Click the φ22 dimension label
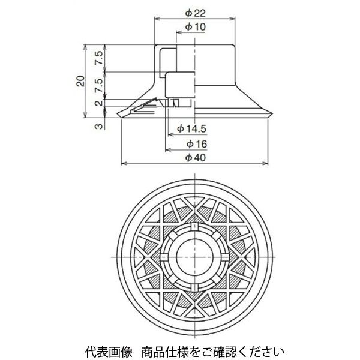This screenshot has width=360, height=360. pyautogui.click(x=196, y=13)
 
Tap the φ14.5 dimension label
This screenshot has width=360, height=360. pyautogui.click(x=191, y=128)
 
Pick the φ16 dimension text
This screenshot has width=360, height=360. pyautogui.click(x=196, y=144)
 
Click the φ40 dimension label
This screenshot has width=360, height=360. pyautogui.click(x=196, y=157)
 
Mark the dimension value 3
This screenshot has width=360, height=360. pyautogui.click(x=97, y=124)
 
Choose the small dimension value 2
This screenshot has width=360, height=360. pyautogui.click(x=97, y=103)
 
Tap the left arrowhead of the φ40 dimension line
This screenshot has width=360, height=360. pyautogui.click(x=124, y=163)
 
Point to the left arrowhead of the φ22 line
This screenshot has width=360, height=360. pyautogui.click(x=157, y=19)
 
